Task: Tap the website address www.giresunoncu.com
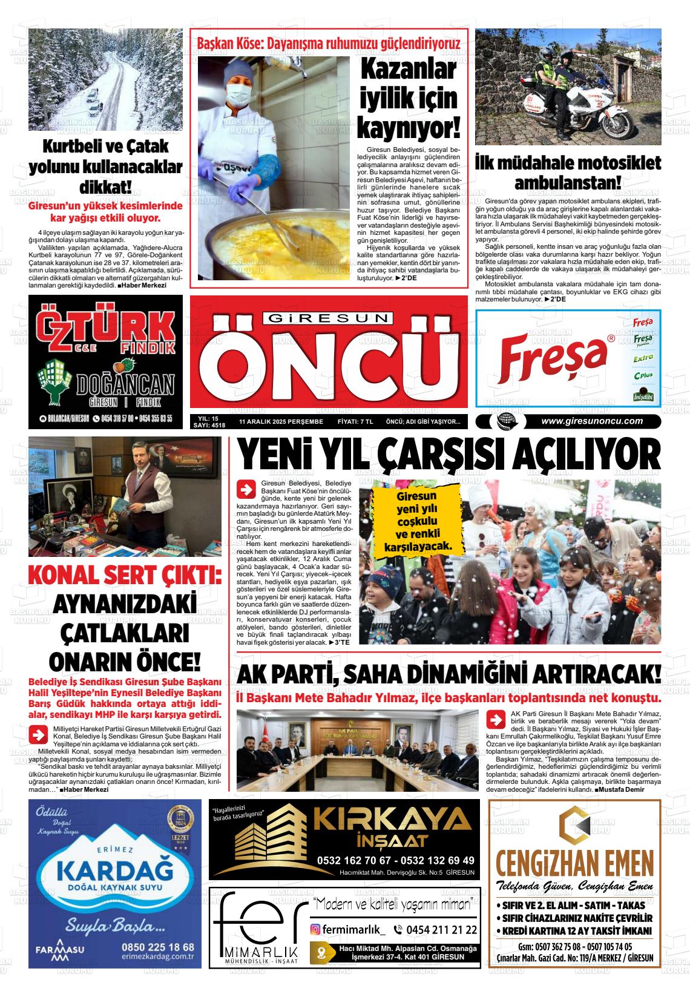click(591, 421)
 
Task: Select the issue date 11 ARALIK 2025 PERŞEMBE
click(281, 421)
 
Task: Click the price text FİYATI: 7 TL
click(355, 421)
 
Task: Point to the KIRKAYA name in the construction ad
click(395, 822)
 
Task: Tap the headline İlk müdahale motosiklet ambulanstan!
click(568, 172)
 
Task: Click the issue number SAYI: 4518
click(208, 425)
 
